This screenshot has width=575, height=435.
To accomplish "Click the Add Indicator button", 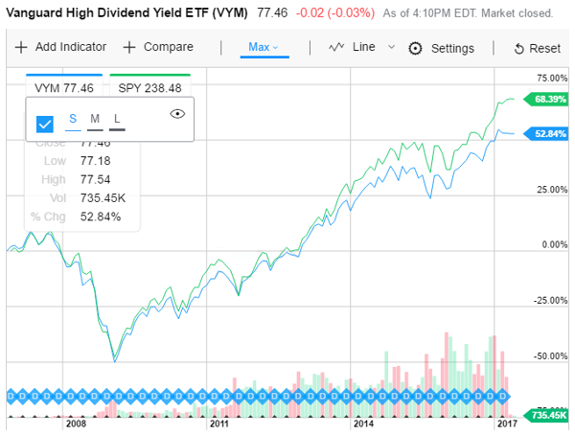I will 60,47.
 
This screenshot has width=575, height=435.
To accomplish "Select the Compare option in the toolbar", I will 158,47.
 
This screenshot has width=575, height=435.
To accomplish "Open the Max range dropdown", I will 262,47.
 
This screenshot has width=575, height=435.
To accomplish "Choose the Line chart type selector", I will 360,47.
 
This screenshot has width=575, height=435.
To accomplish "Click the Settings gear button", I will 442,48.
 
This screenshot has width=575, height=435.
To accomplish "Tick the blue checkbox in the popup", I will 44,124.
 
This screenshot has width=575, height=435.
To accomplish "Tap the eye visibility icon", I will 176,113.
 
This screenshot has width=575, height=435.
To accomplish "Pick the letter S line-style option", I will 73,119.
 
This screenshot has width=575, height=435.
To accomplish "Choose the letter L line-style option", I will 117,119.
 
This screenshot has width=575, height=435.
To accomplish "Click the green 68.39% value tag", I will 551,99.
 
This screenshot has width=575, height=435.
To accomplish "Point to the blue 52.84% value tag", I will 551,133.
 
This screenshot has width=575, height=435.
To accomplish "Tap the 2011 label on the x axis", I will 219,423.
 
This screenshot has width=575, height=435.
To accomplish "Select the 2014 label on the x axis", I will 362,423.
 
